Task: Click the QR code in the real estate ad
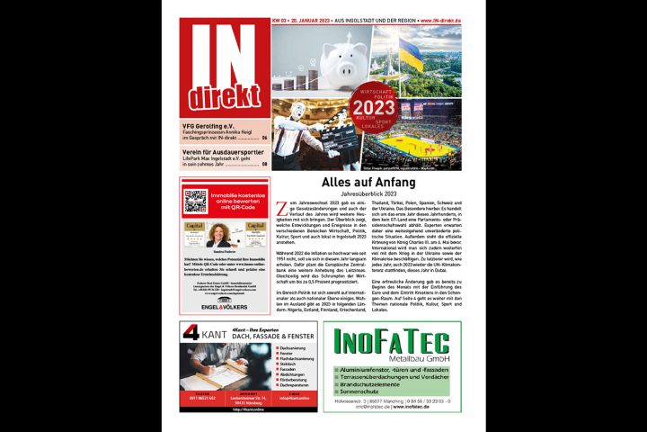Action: (195, 201)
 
